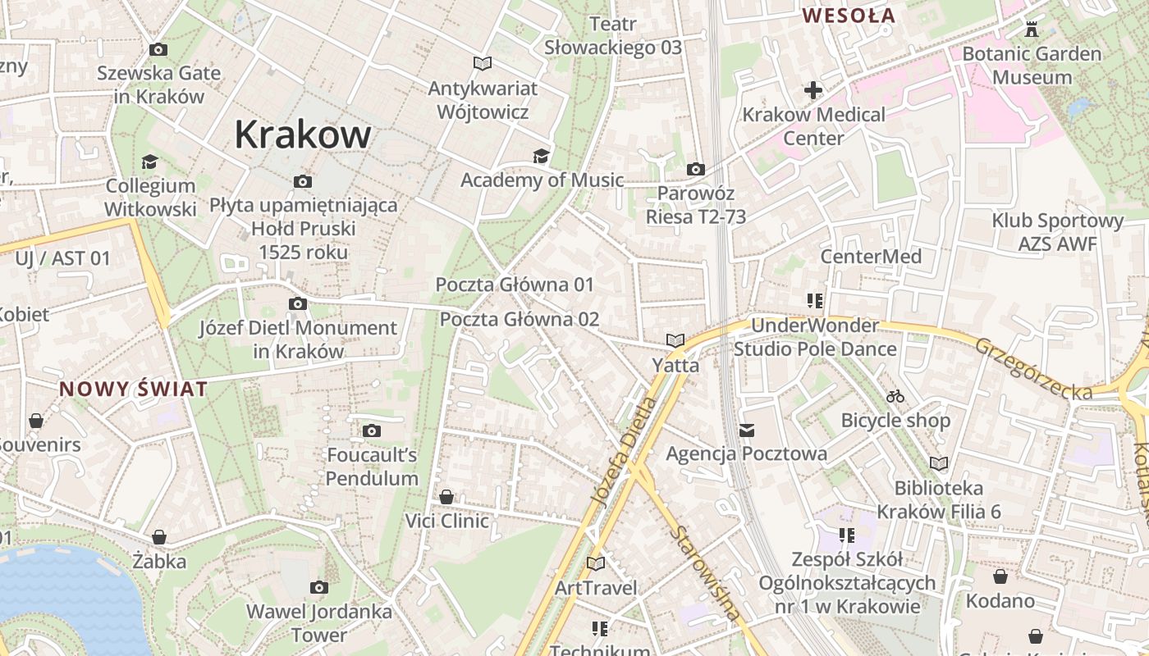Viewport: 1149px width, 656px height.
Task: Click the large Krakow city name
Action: tap(303, 134)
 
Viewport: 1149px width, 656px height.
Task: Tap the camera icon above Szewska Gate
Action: tap(158, 50)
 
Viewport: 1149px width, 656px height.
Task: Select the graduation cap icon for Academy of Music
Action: tap(541, 157)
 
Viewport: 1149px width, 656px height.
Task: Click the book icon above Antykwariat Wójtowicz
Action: tap(483, 63)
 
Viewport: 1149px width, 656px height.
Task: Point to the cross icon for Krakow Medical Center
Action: tap(813, 89)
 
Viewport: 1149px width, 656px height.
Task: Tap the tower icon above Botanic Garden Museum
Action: tap(1032, 30)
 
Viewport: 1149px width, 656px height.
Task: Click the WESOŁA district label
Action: tap(849, 15)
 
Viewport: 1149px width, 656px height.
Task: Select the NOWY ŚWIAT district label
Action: tap(133, 389)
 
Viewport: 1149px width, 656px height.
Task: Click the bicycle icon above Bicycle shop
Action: tap(895, 397)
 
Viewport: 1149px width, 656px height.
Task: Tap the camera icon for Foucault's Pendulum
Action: tap(371, 430)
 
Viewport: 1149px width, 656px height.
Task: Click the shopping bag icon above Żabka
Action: tap(159, 537)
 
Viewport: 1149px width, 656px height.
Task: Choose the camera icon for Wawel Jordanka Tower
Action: tap(319, 587)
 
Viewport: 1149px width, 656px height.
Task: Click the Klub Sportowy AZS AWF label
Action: tap(1057, 232)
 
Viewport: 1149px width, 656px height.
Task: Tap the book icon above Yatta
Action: tap(675, 340)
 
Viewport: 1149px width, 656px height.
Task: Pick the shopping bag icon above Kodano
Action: tap(1000, 576)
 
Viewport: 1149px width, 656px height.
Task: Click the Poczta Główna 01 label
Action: tap(515, 285)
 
